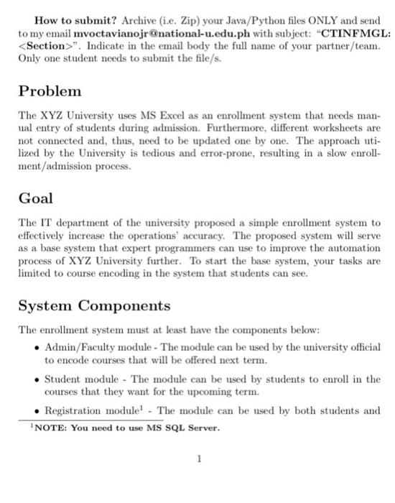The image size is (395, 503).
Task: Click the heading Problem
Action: coord(50,92)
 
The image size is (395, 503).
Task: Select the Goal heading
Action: coord(36,198)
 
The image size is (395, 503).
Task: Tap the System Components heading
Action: coord(95,305)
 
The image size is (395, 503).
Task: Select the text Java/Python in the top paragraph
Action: coord(227,22)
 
